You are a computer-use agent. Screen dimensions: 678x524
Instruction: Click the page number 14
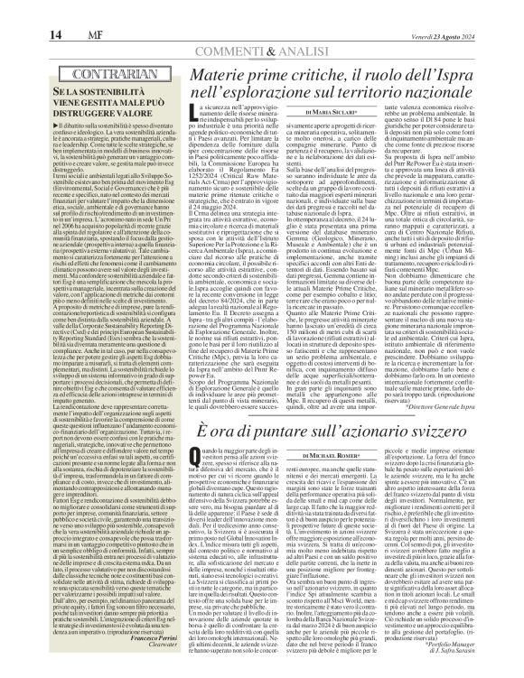coord(18,10)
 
